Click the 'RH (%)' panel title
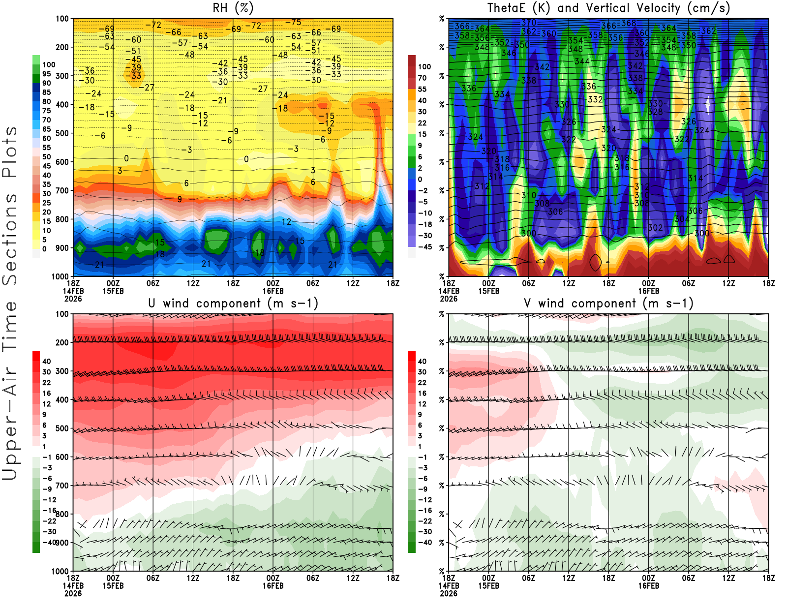[233, 8]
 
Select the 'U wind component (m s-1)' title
[233, 303]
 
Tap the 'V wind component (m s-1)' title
[608, 303]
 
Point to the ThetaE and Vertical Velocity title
[608, 8]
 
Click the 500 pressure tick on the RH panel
[62, 133]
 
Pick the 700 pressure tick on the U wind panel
[62, 486]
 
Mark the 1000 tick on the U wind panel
[61, 571]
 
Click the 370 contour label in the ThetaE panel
[529, 23]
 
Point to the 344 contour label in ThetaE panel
[582, 61]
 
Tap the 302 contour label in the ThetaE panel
[655, 228]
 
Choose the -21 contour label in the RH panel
[219, 100]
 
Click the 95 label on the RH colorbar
[47, 74]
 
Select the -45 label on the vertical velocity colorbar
[424, 247]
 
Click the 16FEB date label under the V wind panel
[648, 586]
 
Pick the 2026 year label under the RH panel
[73, 299]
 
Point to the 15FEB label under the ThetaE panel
[488, 291]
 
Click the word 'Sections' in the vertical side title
[10, 239]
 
